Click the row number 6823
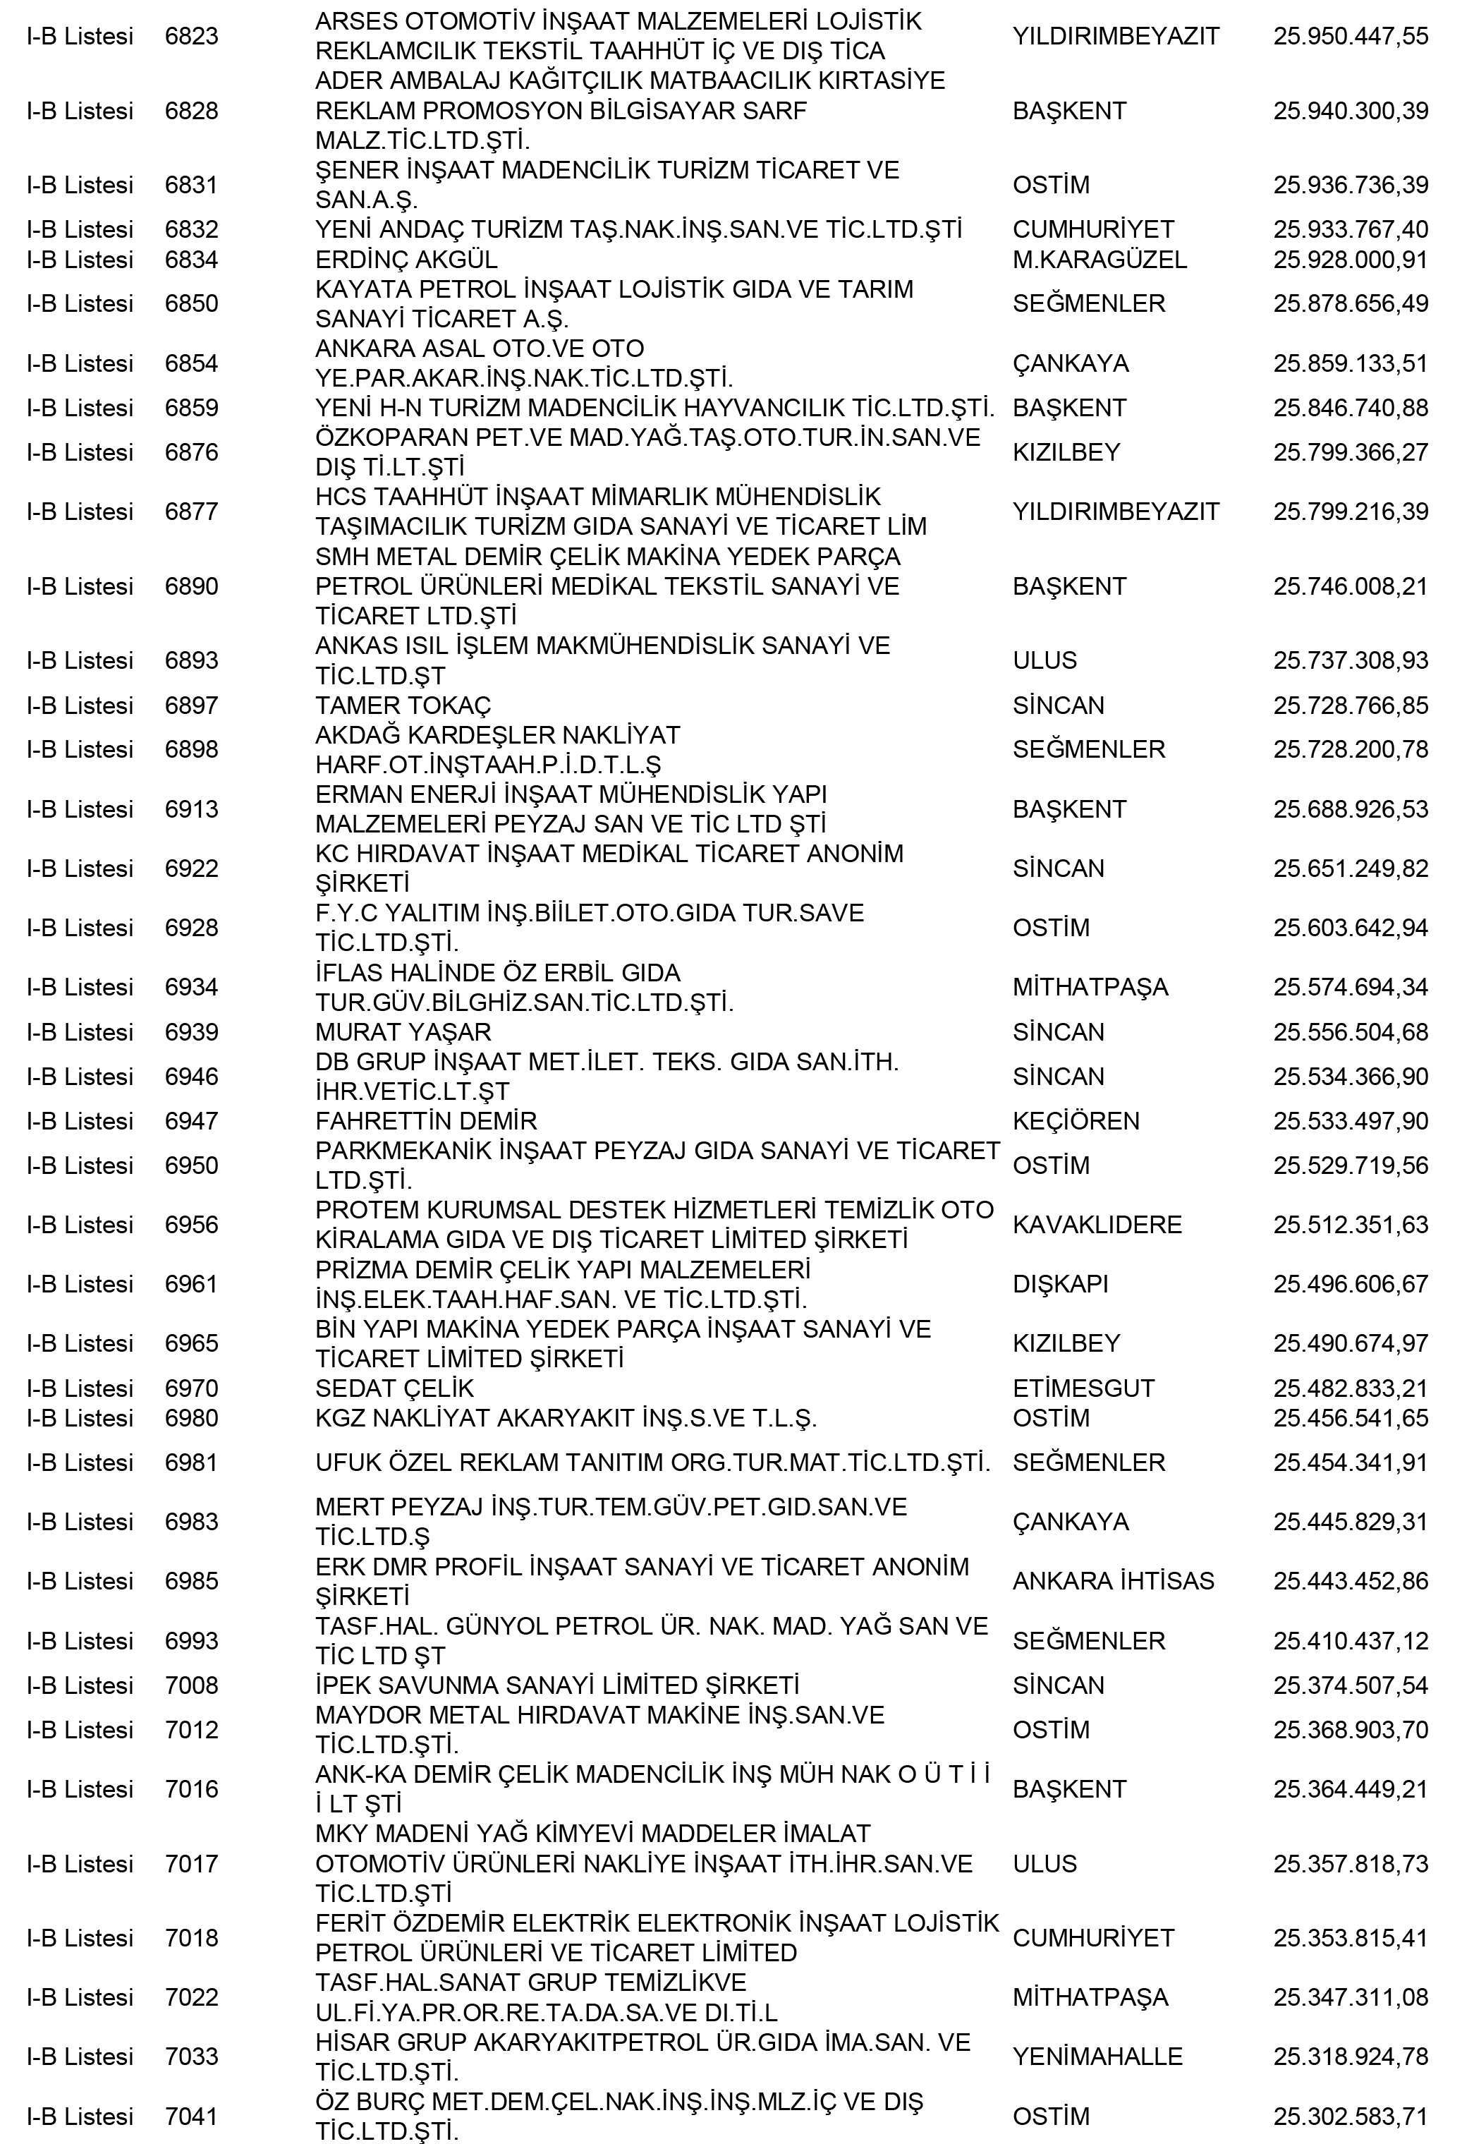[x=191, y=36]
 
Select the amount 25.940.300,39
[x=1351, y=111]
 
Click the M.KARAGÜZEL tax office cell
[x=1099, y=260]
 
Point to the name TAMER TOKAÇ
[x=403, y=705]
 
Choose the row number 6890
[x=191, y=586]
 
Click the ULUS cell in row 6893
[x=1044, y=660]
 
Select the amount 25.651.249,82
[x=1351, y=868]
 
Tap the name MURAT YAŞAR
[x=403, y=1032]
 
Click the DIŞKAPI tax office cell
[x=1060, y=1284]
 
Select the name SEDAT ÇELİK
[x=394, y=1388]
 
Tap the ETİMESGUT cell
[x=1083, y=1388]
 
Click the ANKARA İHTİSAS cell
[x=1113, y=1580]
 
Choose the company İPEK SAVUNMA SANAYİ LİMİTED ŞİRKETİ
[x=557, y=1685]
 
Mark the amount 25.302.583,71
[x=1351, y=2115]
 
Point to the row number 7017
[x=191, y=1863]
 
